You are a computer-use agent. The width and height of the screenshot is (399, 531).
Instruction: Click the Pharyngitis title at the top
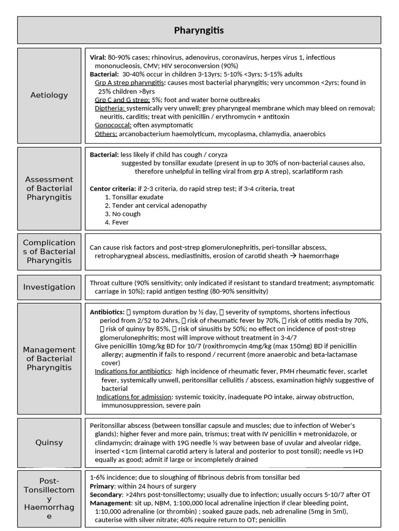pyautogui.click(x=199, y=31)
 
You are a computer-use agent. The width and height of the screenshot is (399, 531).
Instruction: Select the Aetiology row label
pyautogui.click(x=49, y=95)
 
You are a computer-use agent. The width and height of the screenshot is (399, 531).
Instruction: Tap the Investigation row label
pyautogui.click(x=49, y=287)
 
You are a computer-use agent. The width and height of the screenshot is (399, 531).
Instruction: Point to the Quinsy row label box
pyautogui.click(x=49, y=442)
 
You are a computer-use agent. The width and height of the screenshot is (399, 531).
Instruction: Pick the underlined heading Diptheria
pyautogui.click(x=110, y=108)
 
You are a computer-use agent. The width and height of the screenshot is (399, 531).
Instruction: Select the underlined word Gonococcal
pyautogui.click(x=113, y=125)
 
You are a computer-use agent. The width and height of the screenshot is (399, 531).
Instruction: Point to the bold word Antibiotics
pyautogui.click(x=107, y=312)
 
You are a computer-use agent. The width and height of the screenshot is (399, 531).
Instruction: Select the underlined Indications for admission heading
pyautogui.click(x=134, y=397)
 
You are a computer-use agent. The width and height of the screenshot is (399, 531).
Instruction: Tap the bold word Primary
pyautogui.click(x=102, y=486)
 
